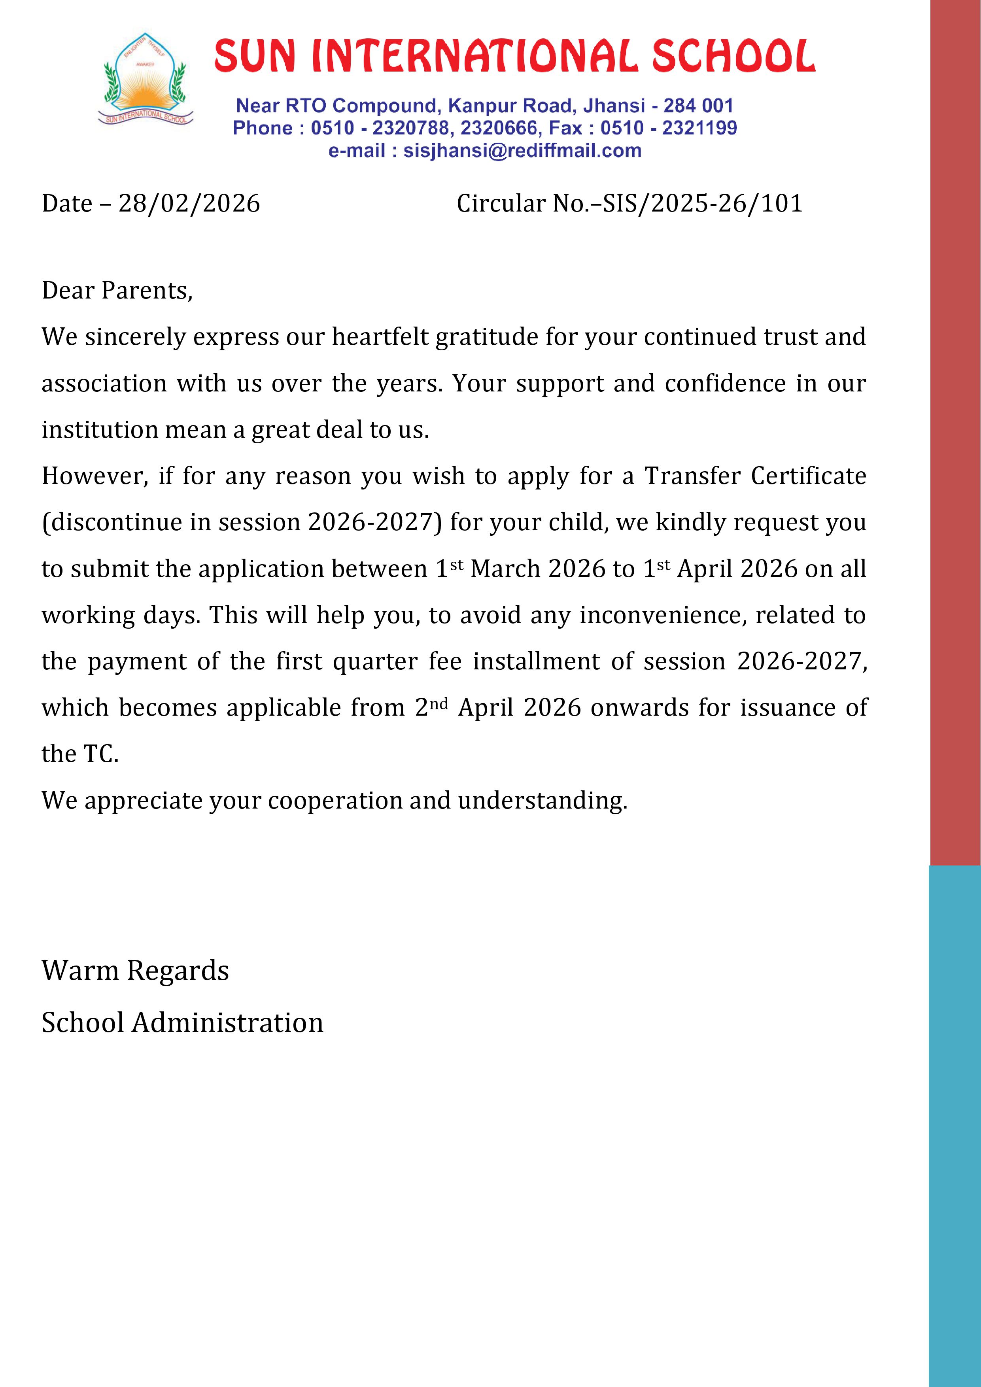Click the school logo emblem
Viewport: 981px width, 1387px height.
point(146,80)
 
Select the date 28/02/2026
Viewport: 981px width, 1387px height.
point(189,204)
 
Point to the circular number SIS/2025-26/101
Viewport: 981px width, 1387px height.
point(703,204)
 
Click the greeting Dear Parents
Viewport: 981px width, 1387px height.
point(117,291)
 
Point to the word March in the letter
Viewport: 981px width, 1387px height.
point(505,569)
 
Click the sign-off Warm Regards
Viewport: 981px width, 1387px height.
point(135,971)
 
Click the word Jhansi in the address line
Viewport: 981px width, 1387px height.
point(614,106)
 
